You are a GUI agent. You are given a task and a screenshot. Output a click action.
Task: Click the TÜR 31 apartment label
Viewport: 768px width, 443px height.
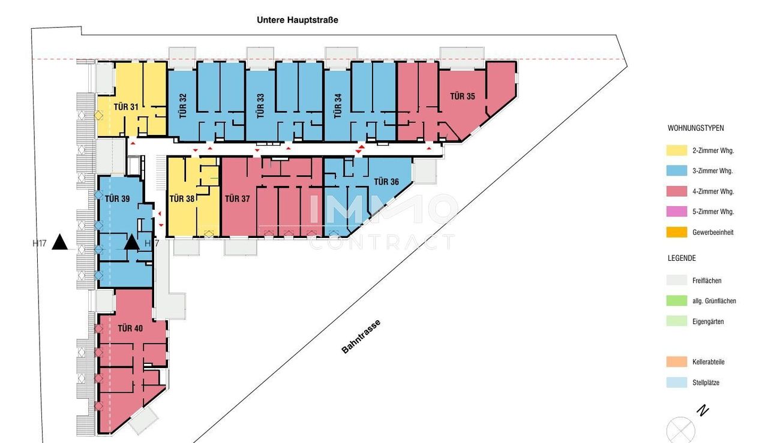126,107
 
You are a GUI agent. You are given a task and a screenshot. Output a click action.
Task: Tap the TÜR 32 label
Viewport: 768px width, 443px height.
183,106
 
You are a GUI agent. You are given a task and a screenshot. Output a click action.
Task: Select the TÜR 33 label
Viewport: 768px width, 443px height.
260,106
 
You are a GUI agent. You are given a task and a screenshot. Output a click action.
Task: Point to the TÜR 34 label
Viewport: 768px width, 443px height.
338,106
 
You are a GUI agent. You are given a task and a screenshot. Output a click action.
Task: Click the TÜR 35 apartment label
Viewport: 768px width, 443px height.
463,97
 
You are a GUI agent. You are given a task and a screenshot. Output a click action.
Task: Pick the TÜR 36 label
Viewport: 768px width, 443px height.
386,182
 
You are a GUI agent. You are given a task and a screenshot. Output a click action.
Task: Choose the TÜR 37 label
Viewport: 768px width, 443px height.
237,198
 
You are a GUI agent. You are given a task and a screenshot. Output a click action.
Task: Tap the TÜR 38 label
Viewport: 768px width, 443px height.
182,198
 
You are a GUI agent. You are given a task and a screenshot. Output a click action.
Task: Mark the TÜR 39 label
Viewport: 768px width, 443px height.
117,198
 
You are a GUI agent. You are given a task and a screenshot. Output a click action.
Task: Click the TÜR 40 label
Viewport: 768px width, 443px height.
130,329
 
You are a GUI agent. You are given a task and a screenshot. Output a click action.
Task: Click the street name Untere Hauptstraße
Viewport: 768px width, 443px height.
298,20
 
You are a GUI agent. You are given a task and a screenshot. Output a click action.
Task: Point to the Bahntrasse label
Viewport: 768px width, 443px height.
361,336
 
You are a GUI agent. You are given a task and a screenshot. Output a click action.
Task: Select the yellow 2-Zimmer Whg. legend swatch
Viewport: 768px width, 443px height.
677,150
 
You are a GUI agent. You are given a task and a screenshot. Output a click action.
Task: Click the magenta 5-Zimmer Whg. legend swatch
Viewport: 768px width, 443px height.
677,212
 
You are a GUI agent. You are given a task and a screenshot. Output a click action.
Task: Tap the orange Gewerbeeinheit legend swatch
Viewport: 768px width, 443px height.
677,232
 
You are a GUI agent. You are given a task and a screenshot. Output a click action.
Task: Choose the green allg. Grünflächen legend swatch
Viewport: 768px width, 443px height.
677,300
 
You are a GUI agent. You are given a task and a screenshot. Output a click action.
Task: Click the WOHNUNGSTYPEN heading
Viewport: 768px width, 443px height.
695,128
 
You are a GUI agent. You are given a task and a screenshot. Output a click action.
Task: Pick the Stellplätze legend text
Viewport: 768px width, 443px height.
706,382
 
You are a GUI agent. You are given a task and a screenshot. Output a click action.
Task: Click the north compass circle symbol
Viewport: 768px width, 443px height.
680,430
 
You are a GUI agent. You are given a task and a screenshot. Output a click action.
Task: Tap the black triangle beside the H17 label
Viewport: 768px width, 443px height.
59,242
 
